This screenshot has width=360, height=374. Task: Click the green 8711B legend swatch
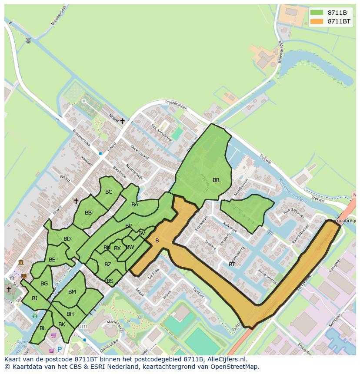(x=317, y=13)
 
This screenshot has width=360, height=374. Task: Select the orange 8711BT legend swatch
(x=317, y=21)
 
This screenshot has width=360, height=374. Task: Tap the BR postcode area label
(x=216, y=180)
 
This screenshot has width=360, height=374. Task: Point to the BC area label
(x=109, y=192)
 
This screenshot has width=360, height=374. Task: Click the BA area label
(x=135, y=205)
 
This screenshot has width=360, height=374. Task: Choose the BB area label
(x=88, y=213)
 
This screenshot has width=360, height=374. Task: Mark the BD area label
(x=67, y=239)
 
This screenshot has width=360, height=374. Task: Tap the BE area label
(x=52, y=260)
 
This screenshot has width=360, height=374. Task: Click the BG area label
(x=44, y=284)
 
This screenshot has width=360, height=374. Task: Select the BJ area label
(x=34, y=298)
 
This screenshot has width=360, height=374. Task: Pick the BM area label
(x=72, y=292)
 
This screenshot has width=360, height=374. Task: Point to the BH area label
(x=70, y=314)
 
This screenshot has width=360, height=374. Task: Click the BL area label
(x=43, y=328)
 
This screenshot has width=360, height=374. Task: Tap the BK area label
(x=61, y=324)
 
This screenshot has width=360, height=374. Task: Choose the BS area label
(x=110, y=281)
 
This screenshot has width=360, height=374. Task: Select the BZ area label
(x=108, y=265)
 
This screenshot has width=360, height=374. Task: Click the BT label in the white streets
(x=232, y=264)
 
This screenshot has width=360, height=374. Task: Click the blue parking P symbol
(x=60, y=349)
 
